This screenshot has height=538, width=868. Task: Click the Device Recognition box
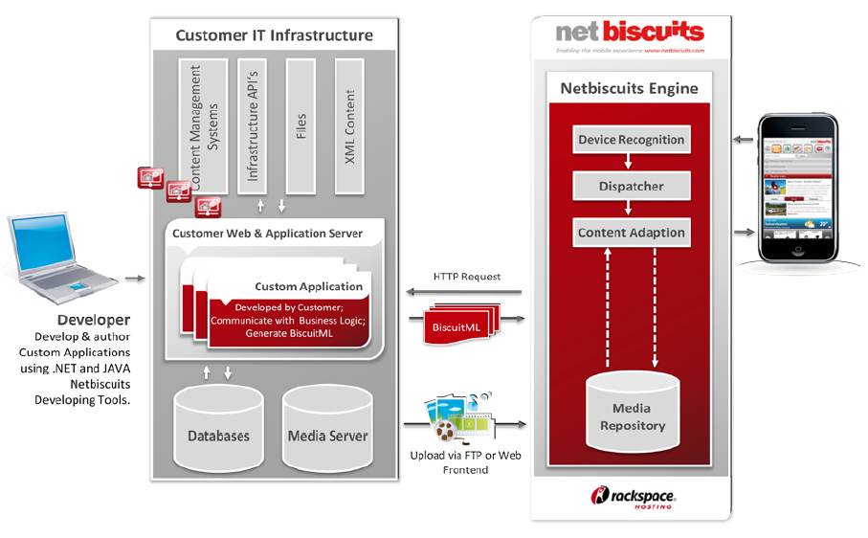point(631,140)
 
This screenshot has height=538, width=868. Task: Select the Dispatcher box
point(631,186)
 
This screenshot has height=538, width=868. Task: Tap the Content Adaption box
point(631,233)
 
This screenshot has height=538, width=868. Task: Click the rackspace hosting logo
point(633,496)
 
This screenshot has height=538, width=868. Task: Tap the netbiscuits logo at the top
point(630,34)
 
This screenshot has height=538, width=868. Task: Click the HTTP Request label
point(466,277)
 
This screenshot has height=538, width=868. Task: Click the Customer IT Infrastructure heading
point(274,35)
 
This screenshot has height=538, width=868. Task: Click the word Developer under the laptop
point(93,320)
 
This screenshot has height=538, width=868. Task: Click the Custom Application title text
point(308,286)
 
